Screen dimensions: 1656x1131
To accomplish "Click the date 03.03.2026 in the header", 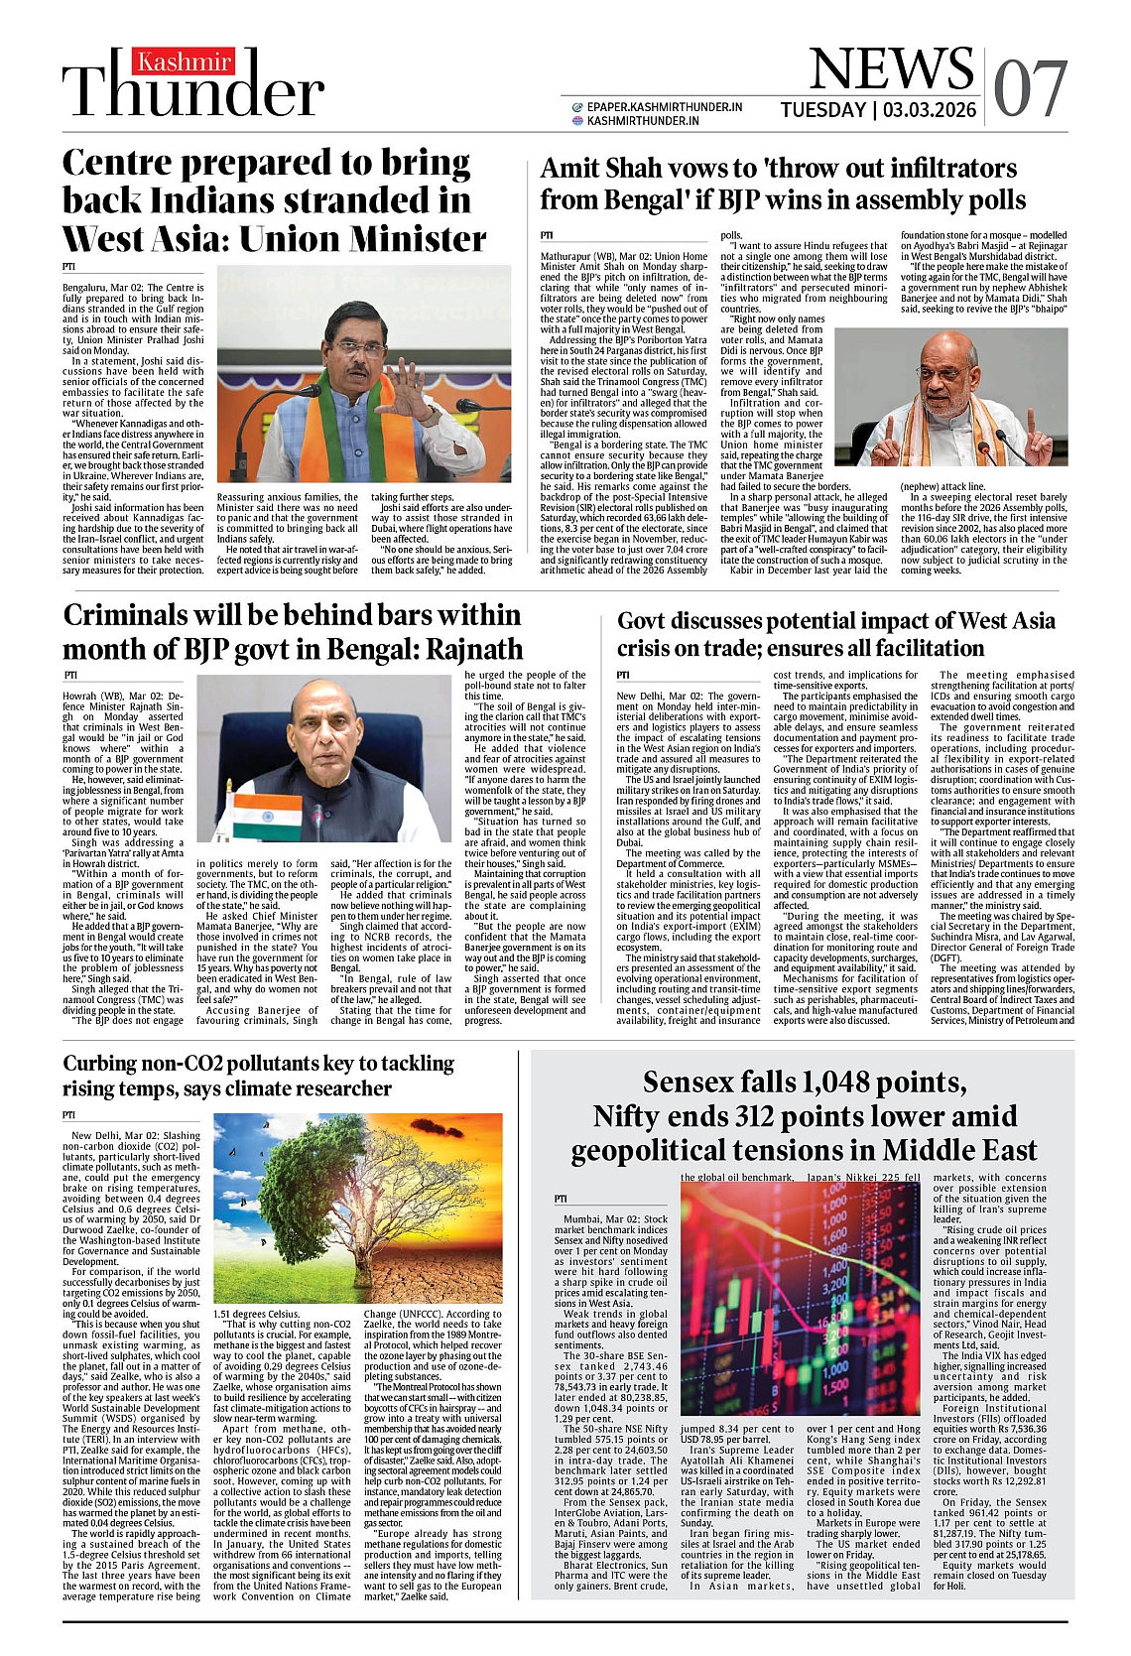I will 930,110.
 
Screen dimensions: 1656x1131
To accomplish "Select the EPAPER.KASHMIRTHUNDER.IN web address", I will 664,107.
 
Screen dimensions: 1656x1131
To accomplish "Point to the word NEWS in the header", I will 891,69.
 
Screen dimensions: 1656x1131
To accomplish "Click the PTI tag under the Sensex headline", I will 562,1199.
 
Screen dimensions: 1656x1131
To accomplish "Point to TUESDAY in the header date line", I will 822,110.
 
